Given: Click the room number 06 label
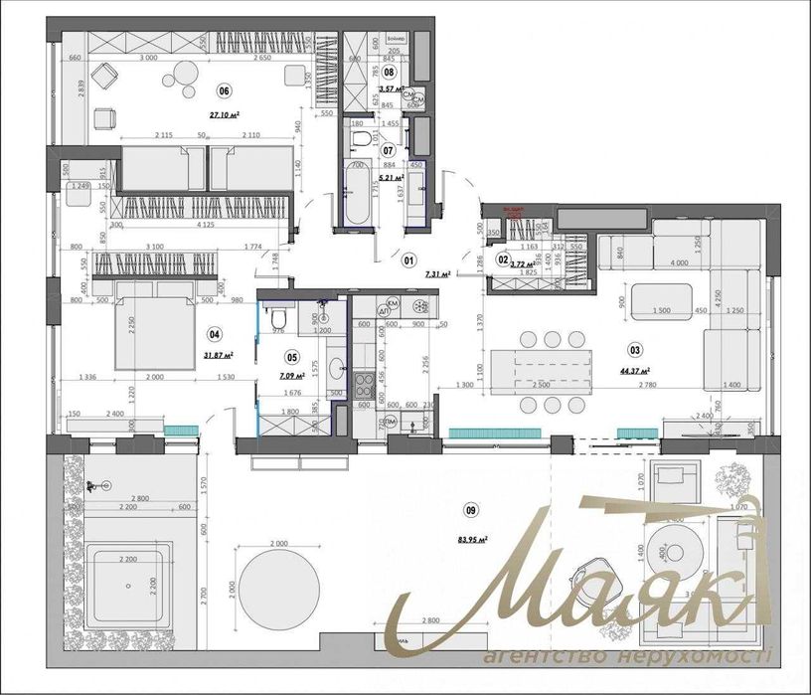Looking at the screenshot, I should (x=224, y=90).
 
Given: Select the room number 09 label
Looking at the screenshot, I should (x=471, y=510).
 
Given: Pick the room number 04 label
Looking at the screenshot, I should (x=213, y=334).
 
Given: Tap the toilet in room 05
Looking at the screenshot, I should (x=279, y=317).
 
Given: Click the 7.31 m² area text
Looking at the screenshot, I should (x=436, y=274).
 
